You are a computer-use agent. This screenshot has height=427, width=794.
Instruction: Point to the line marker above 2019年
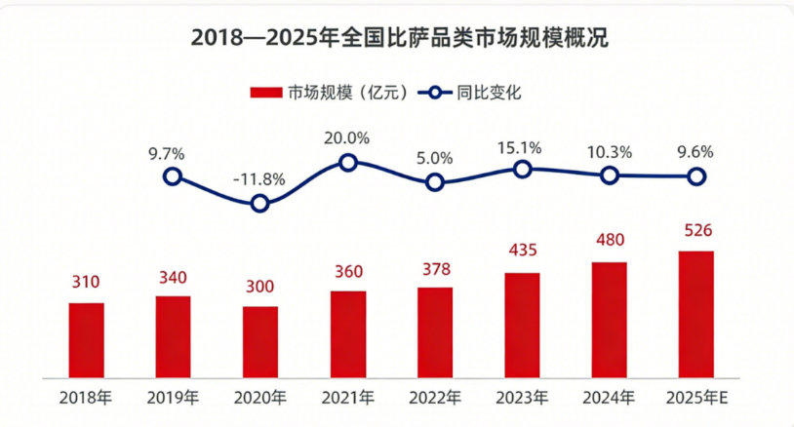tap(173, 176)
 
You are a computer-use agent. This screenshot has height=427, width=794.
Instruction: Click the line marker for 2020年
tap(259, 204)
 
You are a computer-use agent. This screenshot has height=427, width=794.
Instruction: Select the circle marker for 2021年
tap(347, 162)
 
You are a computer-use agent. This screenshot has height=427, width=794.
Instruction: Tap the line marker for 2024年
tap(609, 175)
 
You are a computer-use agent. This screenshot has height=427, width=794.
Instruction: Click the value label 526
tap(696, 232)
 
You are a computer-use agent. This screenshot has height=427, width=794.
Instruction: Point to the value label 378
tap(435, 268)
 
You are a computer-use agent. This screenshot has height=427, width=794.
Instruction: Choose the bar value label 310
tap(86, 284)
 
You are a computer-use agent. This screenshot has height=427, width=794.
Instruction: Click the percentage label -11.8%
tap(259, 178)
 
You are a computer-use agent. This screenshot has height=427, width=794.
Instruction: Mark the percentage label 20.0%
tap(347, 137)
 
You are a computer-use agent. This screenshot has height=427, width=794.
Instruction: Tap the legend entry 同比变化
tap(471, 94)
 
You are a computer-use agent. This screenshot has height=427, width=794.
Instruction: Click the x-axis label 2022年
tap(435, 398)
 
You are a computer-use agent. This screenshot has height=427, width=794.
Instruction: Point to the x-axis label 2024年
tap(609, 398)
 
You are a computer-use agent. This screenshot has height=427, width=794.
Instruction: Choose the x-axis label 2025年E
tap(696, 398)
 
